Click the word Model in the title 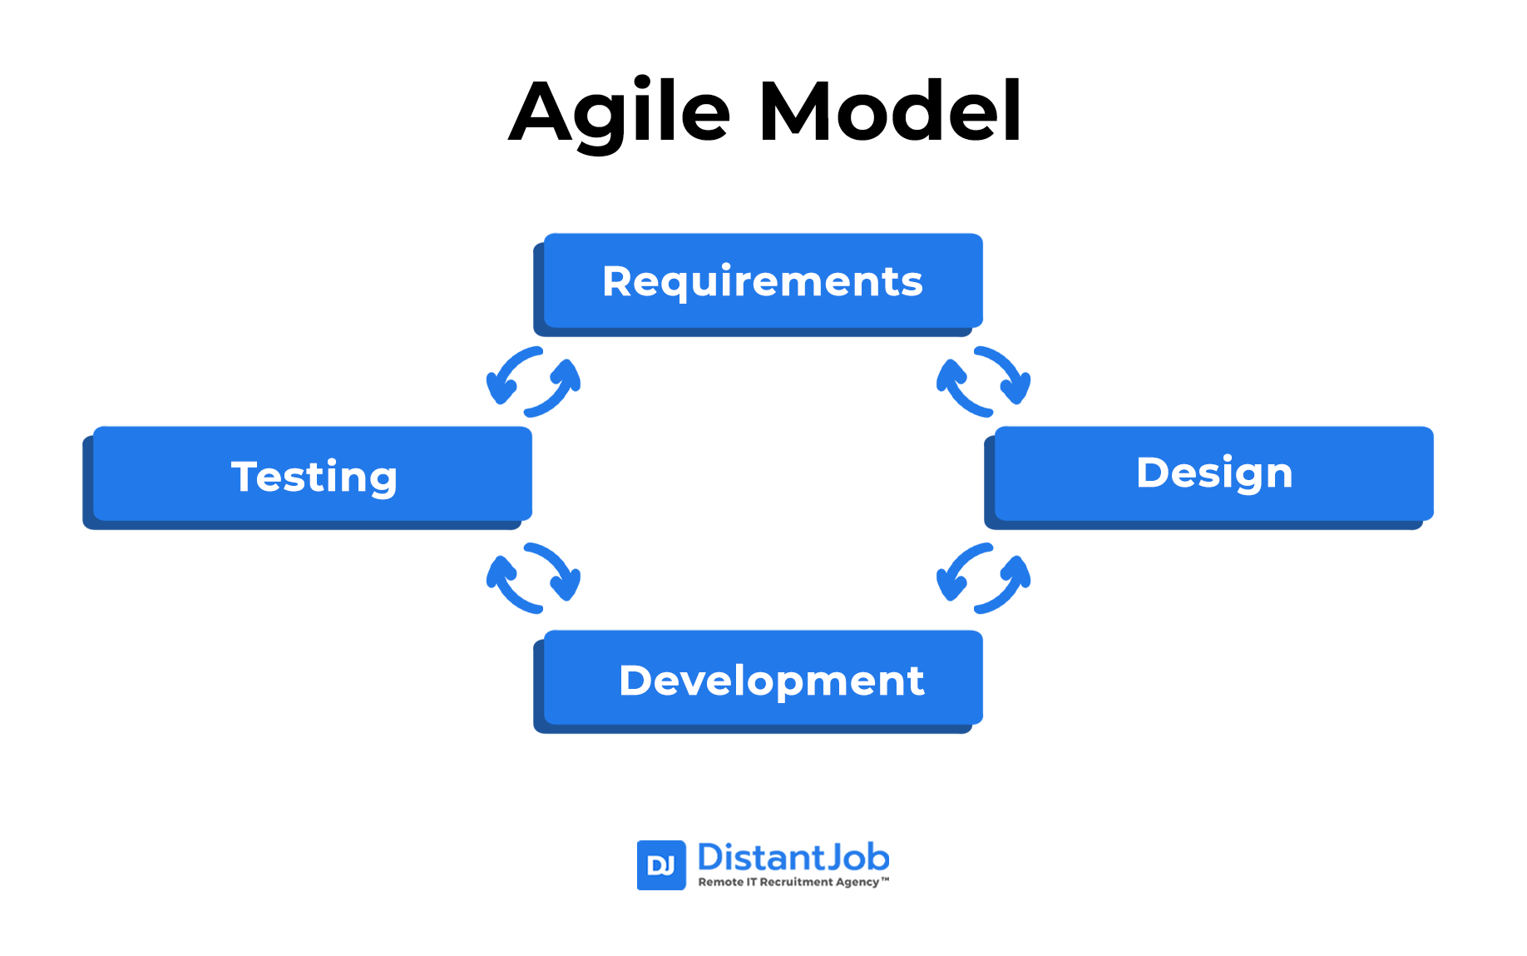point(890,111)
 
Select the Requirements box point(759,285)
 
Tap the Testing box point(308,478)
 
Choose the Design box point(1208,478)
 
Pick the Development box point(759,681)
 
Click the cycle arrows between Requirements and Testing point(533,382)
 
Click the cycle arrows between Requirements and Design point(984,382)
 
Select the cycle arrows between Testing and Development point(533,578)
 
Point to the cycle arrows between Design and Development point(984,578)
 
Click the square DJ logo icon point(661,865)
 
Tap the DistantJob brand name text point(793,857)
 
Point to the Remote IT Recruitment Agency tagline point(793,882)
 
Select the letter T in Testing point(247,477)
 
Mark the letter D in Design point(1154,473)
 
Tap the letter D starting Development point(636,681)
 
